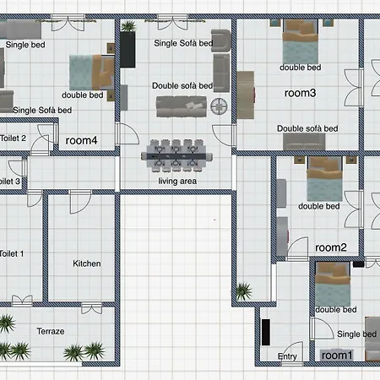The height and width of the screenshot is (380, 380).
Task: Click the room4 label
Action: (x=82, y=140)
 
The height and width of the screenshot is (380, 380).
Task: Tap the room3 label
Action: (x=300, y=94)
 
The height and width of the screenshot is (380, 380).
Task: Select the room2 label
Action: (x=331, y=247)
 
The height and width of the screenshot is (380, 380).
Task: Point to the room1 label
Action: (x=336, y=356)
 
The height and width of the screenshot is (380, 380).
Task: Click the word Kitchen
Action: (x=86, y=263)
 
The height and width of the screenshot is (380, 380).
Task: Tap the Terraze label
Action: (x=52, y=332)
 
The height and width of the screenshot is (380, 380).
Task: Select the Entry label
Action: (x=288, y=356)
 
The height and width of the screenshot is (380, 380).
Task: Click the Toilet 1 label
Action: (x=12, y=252)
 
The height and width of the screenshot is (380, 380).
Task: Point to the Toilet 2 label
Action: (x=13, y=138)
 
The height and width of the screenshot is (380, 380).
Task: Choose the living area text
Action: (x=177, y=181)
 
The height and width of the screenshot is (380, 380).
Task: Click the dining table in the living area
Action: (x=177, y=153)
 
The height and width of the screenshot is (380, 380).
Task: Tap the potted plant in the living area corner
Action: (x=128, y=28)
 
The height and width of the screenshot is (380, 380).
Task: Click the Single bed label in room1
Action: (x=356, y=334)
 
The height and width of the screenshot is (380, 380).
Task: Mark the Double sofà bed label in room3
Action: (x=307, y=128)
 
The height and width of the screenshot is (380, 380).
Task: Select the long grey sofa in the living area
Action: (x=182, y=106)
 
